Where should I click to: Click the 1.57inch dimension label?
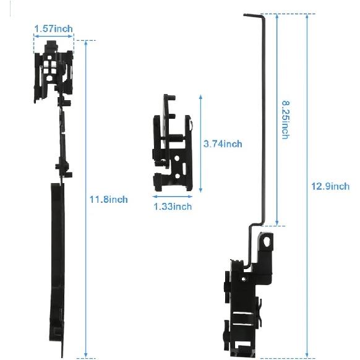coord(53,29)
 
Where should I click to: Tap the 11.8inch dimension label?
coord(109,199)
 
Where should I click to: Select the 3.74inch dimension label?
coord(223,144)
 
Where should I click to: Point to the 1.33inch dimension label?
coord(173,207)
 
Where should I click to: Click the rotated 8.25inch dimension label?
coord(285,120)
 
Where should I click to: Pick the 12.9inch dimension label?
coord(330,186)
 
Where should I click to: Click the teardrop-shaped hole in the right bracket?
coord(267,241)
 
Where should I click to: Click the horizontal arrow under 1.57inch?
coord(53,36)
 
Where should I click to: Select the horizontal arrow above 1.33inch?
coord(173,197)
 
